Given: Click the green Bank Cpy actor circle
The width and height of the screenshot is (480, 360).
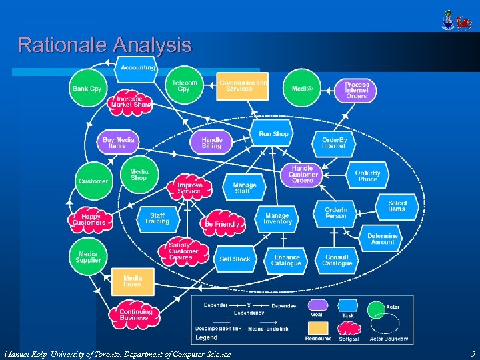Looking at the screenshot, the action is [87, 89].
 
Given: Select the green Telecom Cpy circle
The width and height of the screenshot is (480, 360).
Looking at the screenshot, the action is [183, 85].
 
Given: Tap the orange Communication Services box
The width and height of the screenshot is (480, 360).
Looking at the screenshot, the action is [243, 86].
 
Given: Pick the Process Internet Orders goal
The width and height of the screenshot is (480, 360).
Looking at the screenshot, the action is [357, 90].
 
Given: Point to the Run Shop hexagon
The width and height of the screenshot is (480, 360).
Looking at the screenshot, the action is [273, 134].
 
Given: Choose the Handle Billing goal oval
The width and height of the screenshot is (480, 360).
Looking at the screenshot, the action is [212, 143].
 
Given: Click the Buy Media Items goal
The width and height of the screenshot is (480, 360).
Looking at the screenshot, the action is [118, 143].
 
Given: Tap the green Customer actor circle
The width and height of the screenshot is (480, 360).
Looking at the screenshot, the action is [93, 181].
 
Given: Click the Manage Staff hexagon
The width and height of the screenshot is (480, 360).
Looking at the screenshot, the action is [244, 188].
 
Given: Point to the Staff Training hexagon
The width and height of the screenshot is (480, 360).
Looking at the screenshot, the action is [157, 219].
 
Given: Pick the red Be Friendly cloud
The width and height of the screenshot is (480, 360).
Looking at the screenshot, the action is [222, 225].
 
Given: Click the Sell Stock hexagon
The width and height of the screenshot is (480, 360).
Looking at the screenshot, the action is [235, 259].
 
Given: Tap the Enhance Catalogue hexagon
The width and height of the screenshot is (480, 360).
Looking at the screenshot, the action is [287, 260].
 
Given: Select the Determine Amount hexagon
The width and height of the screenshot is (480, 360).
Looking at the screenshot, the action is [383, 239].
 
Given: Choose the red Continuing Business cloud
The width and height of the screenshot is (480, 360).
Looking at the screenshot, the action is [135, 315].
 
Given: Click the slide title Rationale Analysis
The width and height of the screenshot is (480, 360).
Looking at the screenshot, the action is [105, 45].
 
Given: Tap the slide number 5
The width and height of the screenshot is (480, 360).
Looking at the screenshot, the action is [472, 354].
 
